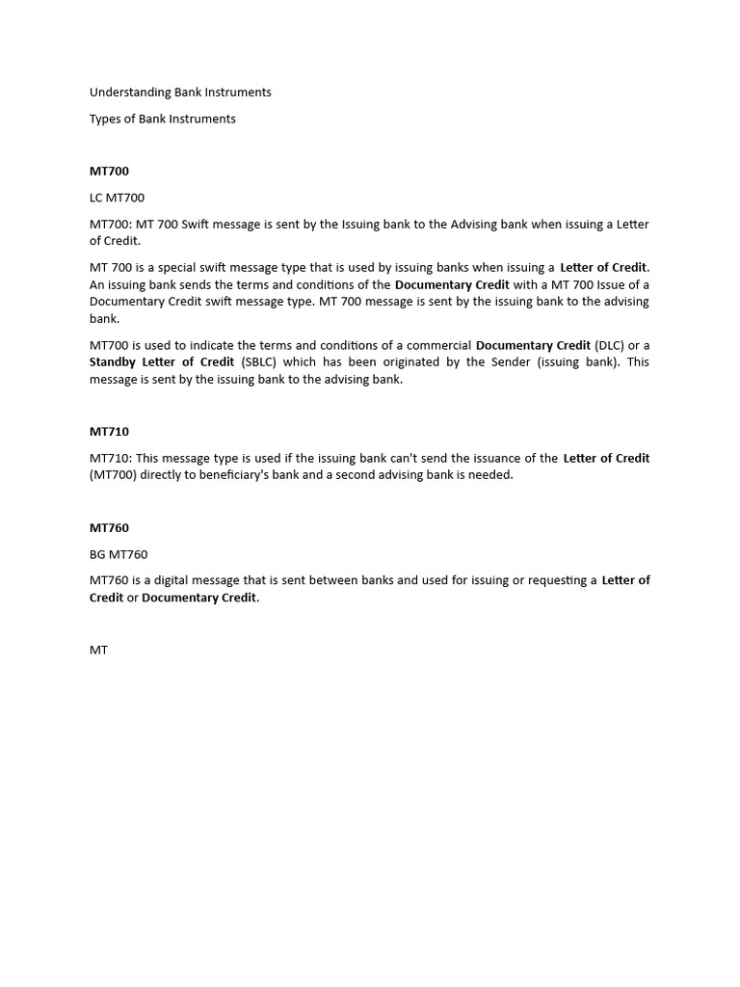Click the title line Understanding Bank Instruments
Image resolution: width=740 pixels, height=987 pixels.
(180, 93)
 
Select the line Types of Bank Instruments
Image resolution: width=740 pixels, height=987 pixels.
(163, 119)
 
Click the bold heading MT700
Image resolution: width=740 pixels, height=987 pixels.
(109, 172)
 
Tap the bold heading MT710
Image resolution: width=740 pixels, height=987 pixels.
(109, 432)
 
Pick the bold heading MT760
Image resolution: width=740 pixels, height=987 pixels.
(109, 528)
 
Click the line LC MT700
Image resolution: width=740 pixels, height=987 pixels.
(117, 198)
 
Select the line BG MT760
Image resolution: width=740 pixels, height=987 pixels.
(119, 554)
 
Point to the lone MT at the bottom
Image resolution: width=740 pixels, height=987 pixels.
(98, 651)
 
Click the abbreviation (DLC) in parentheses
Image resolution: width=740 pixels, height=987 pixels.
(609, 345)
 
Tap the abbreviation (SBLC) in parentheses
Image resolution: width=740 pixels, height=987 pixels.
(259, 362)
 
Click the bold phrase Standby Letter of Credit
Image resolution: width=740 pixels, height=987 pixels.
(162, 362)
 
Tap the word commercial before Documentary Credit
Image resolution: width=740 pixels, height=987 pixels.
(442, 345)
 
